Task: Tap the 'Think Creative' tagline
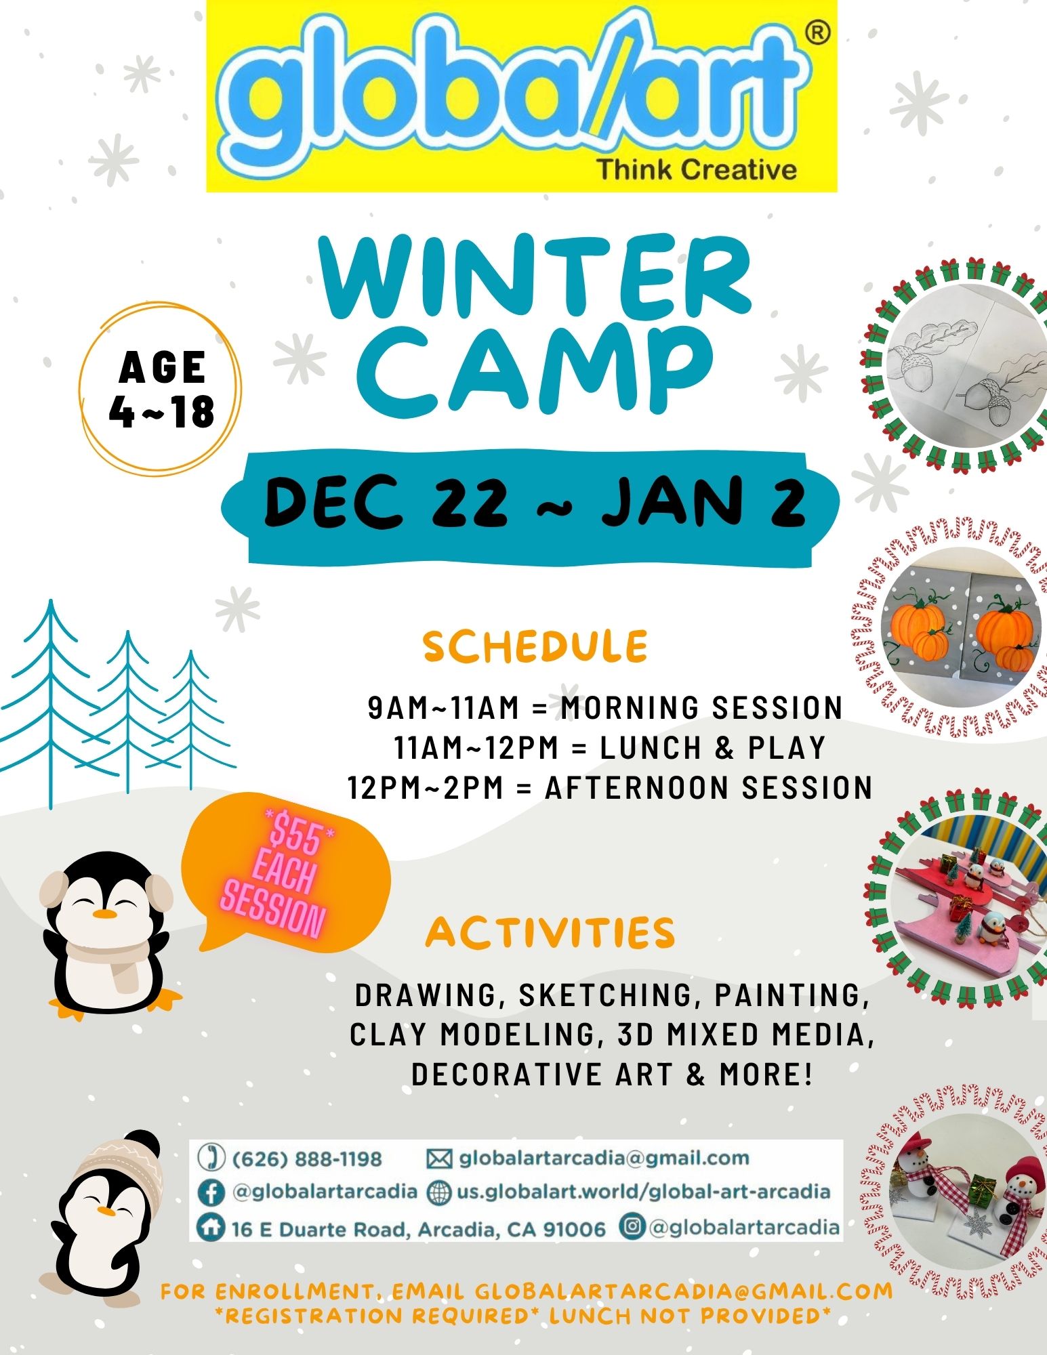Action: pyautogui.click(x=697, y=169)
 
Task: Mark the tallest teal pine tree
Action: pyautogui.click(x=50, y=705)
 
